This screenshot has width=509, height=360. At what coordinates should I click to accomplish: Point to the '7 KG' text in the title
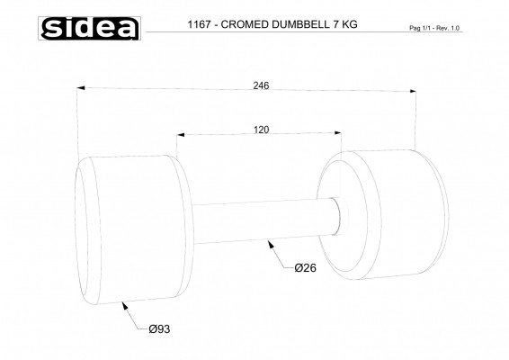pyautogui.click(x=344, y=25)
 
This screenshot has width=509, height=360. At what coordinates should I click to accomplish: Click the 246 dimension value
pyautogui.click(x=262, y=85)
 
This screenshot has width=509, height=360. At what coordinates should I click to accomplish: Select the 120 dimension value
pyautogui.click(x=261, y=130)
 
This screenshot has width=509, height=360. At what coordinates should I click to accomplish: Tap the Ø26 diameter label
pyautogui.click(x=308, y=267)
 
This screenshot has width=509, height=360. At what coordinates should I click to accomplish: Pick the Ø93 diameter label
pyautogui.click(x=158, y=329)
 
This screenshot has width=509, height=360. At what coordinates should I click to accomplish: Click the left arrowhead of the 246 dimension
pyautogui.click(x=82, y=88)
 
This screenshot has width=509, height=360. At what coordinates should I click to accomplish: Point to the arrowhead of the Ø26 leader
pyautogui.click(x=271, y=242)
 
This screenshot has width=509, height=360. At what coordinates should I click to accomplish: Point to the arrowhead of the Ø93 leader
pyautogui.click(x=123, y=303)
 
